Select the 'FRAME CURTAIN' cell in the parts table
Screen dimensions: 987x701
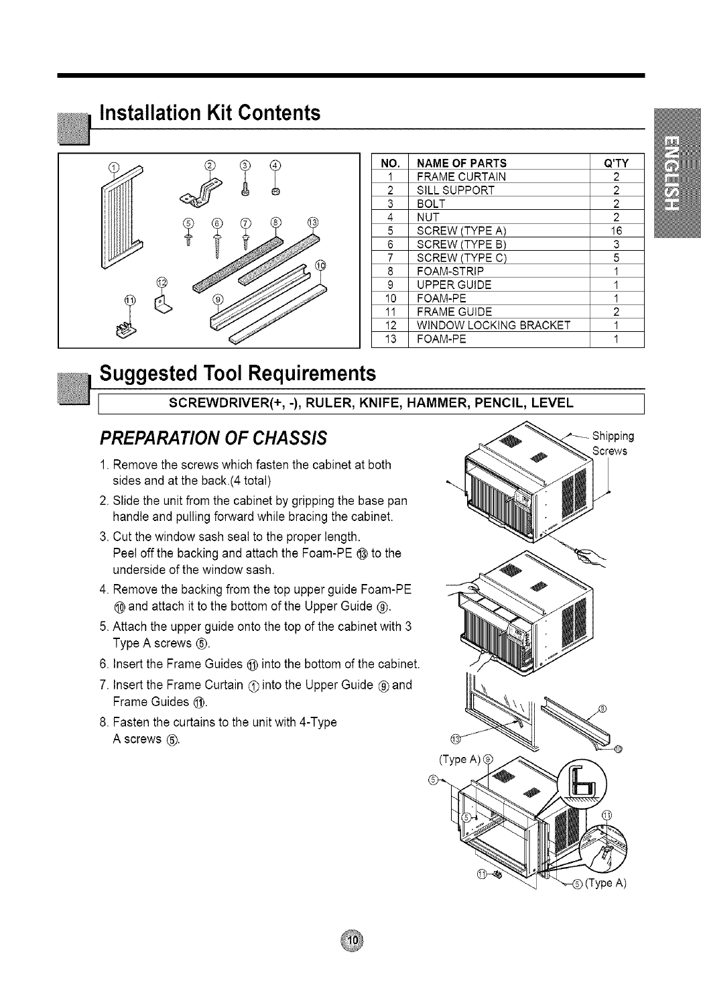pos(461,176)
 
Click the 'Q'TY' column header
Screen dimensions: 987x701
pos(616,163)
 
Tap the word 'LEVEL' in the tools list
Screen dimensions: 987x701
pos(553,403)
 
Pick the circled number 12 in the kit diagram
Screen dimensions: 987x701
pos(161,281)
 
